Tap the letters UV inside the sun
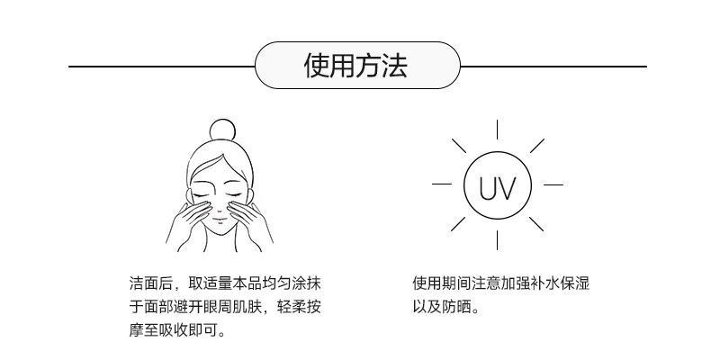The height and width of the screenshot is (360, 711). click(497, 189)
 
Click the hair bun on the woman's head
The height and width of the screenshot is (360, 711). click(221, 130)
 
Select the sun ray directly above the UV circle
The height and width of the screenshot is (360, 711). click(497, 130)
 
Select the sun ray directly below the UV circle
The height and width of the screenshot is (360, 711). click(497, 241)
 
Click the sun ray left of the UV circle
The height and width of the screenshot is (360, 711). click(443, 184)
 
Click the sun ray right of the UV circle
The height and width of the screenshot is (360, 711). click(553, 184)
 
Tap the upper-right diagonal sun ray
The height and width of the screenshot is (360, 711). click(536, 145)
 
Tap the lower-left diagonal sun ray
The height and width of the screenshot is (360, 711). click(458, 224)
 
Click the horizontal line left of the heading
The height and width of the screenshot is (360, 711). click(162, 67)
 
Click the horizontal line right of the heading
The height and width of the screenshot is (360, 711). click(553, 67)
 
